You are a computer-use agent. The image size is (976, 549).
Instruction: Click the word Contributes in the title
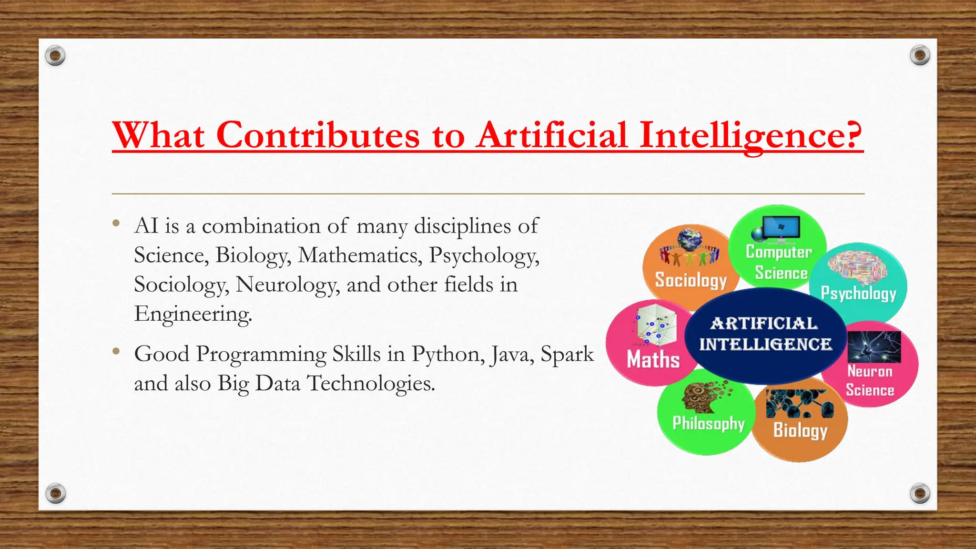[318, 135]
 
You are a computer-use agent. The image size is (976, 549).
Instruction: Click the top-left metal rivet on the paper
[55, 56]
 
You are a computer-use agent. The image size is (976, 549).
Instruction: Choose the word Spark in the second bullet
[567, 355]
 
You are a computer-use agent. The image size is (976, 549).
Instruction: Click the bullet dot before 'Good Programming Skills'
[116, 352]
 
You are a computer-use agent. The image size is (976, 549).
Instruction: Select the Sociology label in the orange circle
[691, 280]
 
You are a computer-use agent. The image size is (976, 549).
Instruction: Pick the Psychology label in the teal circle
[858, 293]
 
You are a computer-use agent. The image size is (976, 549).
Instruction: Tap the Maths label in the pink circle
[653, 359]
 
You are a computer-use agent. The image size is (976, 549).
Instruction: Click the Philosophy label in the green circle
[708, 423]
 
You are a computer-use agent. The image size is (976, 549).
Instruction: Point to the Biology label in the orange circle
[800, 430]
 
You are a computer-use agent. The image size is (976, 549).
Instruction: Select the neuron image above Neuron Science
[874, 347]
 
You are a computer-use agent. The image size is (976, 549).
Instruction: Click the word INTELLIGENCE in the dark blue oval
[765, 344]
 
